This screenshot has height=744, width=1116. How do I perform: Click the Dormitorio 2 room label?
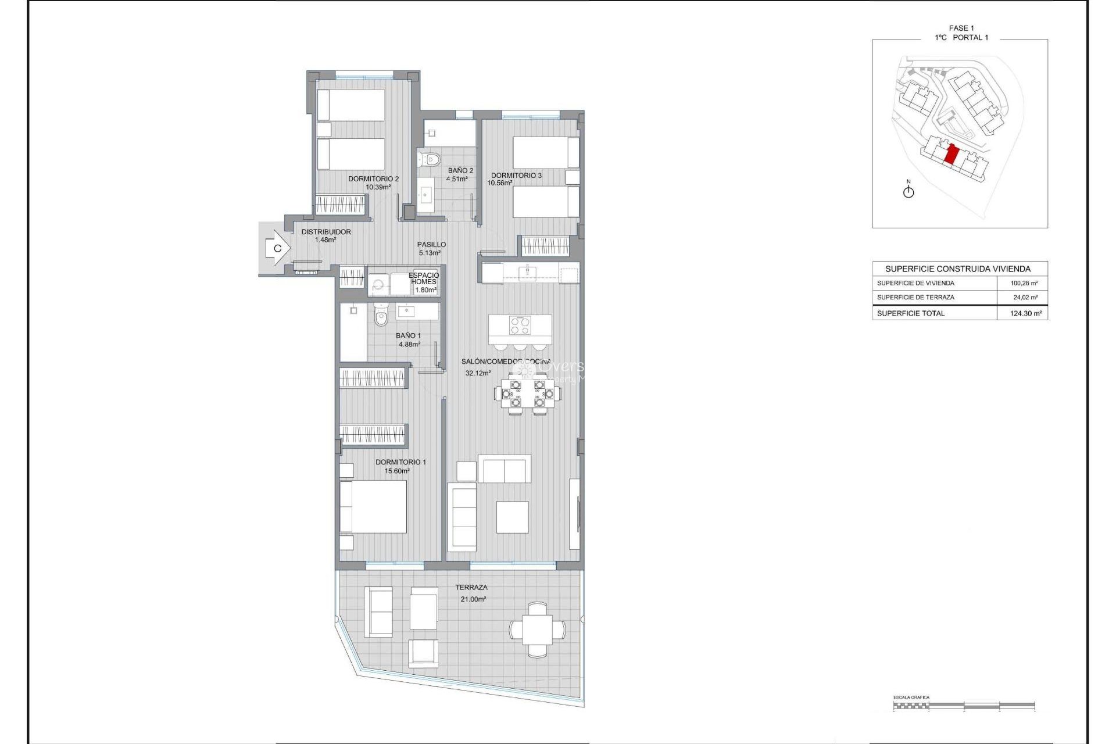[x=373, y=179]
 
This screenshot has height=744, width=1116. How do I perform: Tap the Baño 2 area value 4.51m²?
[x=457, y=179]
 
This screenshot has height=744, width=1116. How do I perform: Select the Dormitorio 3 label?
[x=516, y=175]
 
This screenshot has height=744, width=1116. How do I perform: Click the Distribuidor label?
[x=325, y=231]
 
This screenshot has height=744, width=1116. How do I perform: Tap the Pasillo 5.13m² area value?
[x=430, y=253]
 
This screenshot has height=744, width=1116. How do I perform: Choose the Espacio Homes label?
[x=424, y=278]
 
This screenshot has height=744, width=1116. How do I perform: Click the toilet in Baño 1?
[x=381, y=316]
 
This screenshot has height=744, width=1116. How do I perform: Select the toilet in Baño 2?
[x=430, y=158]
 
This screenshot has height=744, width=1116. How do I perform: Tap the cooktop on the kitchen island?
[x=520, y=325]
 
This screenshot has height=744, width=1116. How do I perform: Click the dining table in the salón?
[x=527, y=394]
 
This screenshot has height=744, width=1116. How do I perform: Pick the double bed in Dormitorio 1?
[x=373, y=506]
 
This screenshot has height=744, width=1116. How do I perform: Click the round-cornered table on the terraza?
[x=537, y=630]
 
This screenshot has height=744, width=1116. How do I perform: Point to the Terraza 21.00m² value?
[x=473, y=599]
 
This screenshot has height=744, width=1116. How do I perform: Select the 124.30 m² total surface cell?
[x=1025, y=313]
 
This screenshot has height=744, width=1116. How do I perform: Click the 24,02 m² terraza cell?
[x=1025, y=297]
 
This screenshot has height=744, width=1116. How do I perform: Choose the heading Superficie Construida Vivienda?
[x=957, y=269]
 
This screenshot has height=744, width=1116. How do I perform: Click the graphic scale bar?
[x=964, y=706]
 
